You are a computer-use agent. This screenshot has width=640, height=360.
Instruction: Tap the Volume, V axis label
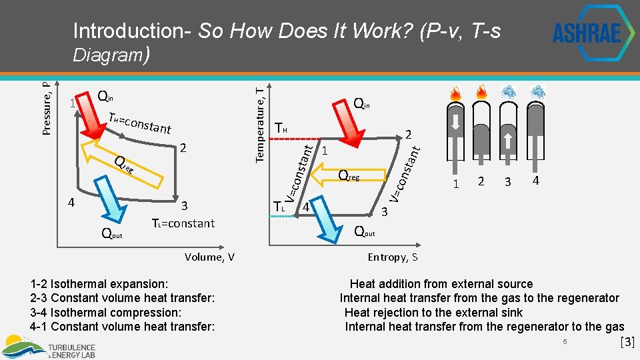(209, 257)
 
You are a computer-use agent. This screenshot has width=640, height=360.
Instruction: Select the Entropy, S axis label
(393, 257)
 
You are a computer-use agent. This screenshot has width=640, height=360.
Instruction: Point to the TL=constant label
(183, 223)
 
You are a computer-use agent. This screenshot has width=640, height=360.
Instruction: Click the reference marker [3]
(627, 343)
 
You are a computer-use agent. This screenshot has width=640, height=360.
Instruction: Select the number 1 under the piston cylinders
(455, 183)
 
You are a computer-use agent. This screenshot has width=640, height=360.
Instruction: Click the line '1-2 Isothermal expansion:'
(99, 284)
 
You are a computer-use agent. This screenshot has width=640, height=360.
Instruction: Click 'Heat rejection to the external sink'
(433, 313)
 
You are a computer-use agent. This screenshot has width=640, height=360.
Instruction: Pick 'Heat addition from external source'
(441, 284)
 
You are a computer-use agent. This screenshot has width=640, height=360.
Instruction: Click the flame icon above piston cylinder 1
(455, 93)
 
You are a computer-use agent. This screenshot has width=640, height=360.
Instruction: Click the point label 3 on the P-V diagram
(185, 205)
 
